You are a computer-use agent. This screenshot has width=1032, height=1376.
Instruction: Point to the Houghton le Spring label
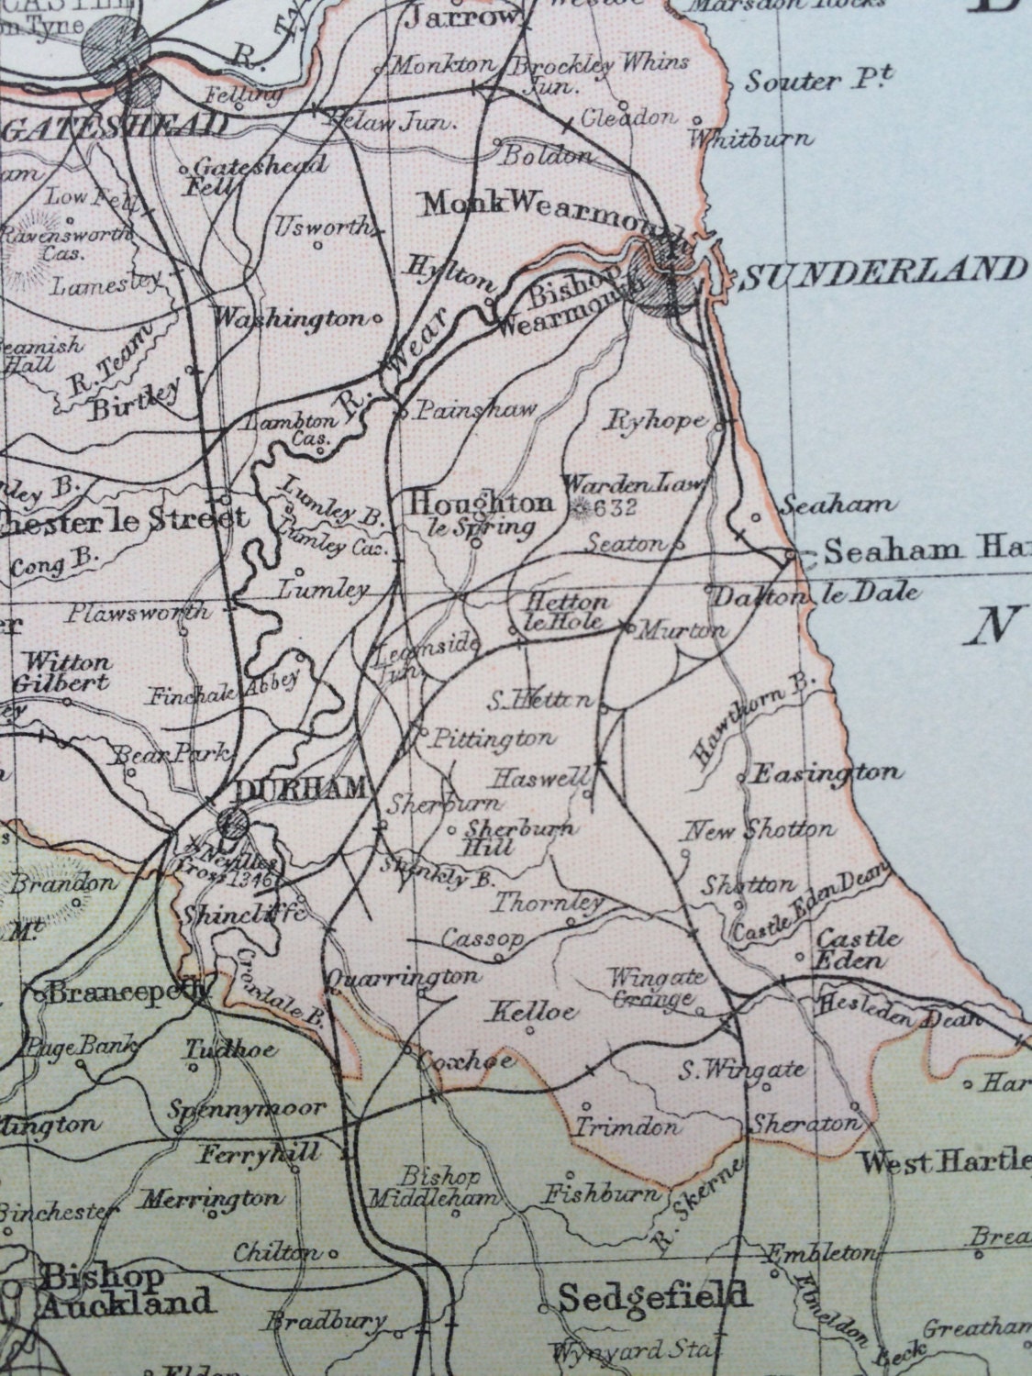[x=483, y=513]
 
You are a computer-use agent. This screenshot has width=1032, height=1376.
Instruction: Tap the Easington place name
[x=826, y=772]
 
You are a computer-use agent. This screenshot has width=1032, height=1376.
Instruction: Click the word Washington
[x=288, y=318]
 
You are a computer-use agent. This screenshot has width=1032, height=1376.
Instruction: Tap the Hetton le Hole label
[x=564, y=611]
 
